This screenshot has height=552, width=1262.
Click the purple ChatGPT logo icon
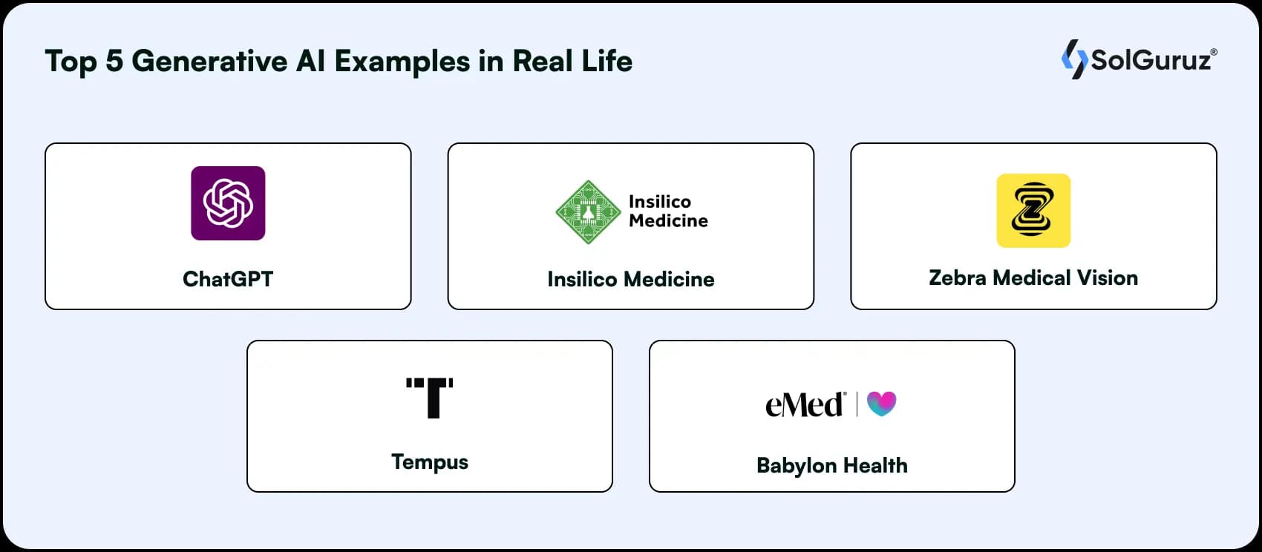pos(228,203)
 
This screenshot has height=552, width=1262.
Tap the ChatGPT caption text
pos(228,280)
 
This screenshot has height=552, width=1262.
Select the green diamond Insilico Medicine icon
pos(588,211)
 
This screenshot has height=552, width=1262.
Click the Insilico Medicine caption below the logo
pos(631,280)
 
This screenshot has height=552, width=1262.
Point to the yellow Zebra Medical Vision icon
pos(1033,211)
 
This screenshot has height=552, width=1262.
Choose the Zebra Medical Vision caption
pos(1033,278)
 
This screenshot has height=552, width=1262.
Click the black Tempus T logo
pos(429,398)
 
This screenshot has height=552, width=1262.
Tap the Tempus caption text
pos(430,462)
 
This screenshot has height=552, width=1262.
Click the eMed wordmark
pos(805,404)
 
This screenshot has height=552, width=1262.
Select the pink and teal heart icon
pos(881,404)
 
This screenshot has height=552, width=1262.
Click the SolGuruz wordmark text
pos(1153,59)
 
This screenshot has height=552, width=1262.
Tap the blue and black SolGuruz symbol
pos(1074,59)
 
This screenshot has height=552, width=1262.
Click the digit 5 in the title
pos(114,61)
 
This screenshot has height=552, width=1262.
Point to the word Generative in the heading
pos(209,61)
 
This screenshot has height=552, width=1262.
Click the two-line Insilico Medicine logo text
pos(668,211)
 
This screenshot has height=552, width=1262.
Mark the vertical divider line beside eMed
pos(857,404)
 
